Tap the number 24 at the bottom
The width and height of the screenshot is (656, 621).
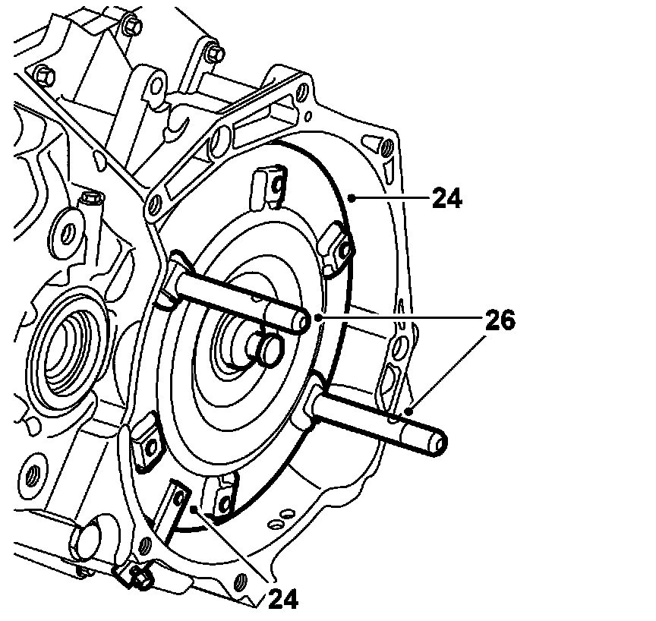click(x=282, y=599)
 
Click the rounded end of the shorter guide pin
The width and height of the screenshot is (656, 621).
click(x=303, y=323)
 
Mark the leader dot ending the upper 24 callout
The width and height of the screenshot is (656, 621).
click(x=350, y=198)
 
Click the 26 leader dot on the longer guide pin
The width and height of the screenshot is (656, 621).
click(x=408, y=411)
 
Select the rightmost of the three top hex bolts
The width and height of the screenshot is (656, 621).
click(x=214, y=55)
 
